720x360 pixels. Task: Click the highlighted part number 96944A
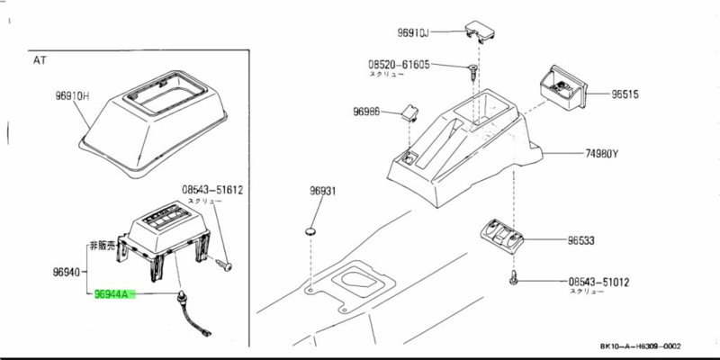coord(113,294)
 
